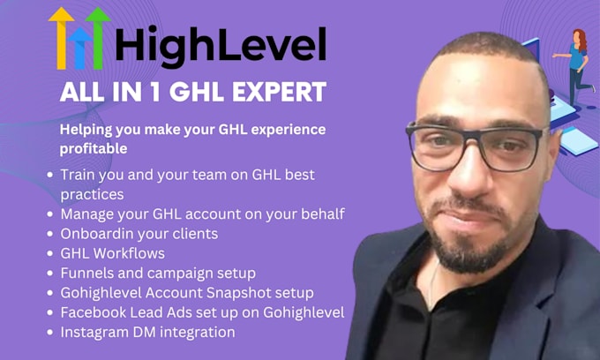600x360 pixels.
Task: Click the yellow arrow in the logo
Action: [61, 35]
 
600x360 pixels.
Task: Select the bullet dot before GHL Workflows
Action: [49, 254]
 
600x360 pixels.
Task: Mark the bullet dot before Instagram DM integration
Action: [49, 333]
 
